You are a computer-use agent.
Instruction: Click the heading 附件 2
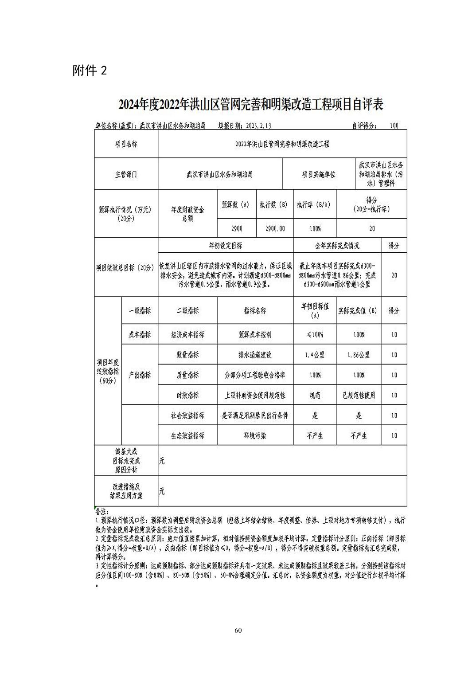pos(90,70)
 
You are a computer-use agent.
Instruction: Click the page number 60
pos(238,631)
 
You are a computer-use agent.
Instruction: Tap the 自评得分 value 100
pos(394,125)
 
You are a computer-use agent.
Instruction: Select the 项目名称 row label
pos(126,144)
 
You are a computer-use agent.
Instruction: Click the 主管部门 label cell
pos(126,174)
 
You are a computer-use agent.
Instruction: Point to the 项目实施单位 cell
pos(318,174)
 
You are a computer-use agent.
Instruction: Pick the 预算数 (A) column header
pos(236,205)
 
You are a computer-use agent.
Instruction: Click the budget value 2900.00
pos(275,229)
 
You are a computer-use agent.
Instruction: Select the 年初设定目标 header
pos(225,245)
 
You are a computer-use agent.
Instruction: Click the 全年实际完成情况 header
pos(337,245)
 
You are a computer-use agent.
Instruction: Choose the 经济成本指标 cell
pos(187,335)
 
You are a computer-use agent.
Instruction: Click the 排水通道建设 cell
pos(255,355)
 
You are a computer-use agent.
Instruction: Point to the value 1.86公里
pos(359,355)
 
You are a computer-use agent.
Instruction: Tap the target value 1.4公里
pos(315,355)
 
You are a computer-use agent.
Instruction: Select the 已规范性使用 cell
pos(359,395)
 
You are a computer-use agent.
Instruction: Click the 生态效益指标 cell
pos(187,435)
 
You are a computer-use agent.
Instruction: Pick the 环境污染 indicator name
pos(255,435)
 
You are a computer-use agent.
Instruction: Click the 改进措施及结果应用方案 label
pos(126,491)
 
